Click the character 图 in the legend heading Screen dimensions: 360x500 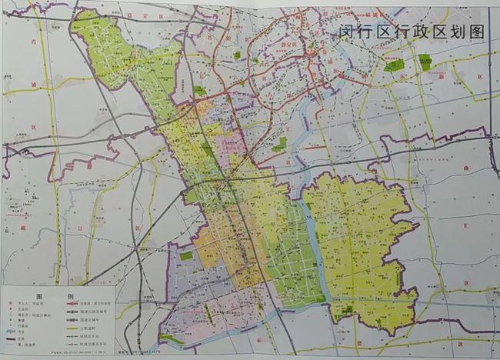33,296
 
